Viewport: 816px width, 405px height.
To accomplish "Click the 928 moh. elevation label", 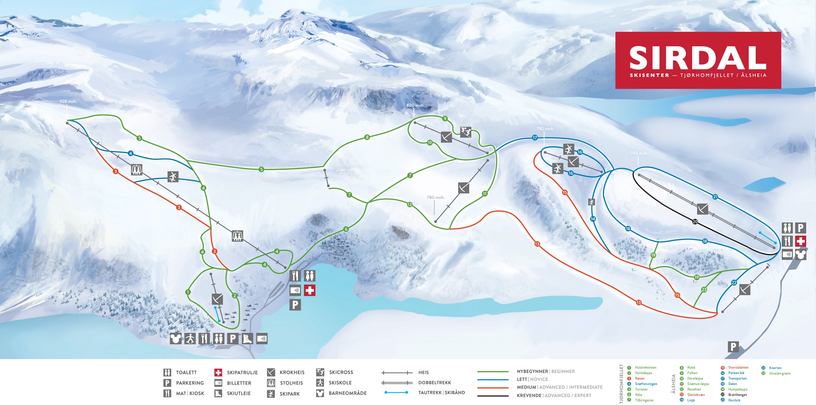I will click(x=68, y=102).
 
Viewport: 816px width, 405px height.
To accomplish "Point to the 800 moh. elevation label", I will click(x=415, y=105).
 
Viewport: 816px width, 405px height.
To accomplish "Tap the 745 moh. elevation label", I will click(x=639, y=153).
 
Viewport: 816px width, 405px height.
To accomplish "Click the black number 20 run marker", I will click(x=695, y=222).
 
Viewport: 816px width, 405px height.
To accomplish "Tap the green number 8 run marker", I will click(x=367, y=138).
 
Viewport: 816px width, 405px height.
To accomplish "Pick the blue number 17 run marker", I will click(x=535, y=138).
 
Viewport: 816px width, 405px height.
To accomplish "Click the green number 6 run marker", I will click(x=346, y=229).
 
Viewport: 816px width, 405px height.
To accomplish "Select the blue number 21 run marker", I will click(x=715, y=197).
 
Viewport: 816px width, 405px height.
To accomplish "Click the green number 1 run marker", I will click(x=188, y=292).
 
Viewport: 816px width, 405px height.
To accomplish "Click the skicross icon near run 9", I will click(x=465, y=132).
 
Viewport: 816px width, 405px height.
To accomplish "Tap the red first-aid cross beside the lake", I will click(x=309, y=290).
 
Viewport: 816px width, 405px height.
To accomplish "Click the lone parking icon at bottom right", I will click(x=733, y=347).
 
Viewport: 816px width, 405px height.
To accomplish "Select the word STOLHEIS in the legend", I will click(x=291, y=383).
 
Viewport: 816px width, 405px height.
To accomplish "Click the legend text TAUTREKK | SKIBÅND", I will click(x=441, y=393).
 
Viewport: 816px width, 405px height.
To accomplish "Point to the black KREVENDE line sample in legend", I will click(x=493, y=396).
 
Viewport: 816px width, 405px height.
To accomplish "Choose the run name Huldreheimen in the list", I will click(x=645, y=368).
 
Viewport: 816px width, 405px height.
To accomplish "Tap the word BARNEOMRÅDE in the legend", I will click(x=347, y=393).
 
